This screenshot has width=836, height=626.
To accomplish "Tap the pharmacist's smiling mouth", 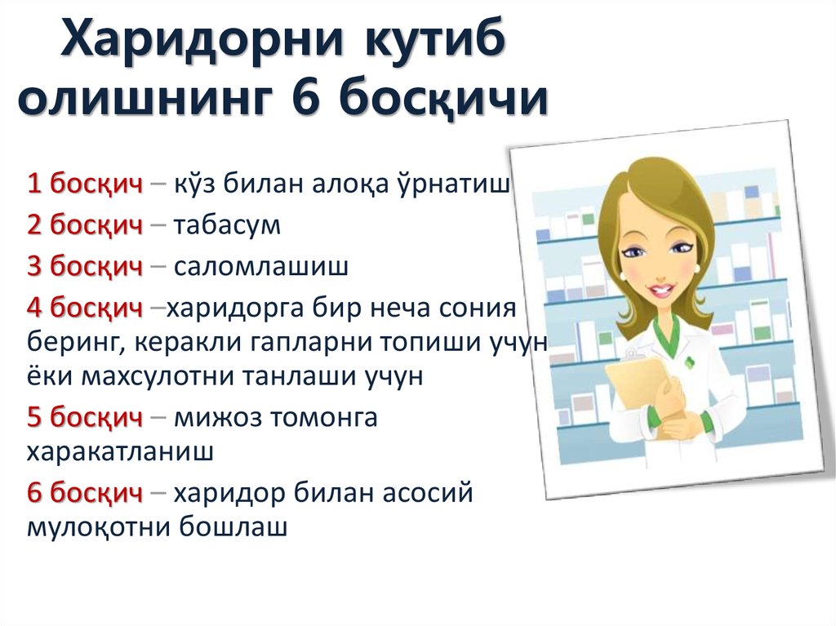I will [x=660, y=291].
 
